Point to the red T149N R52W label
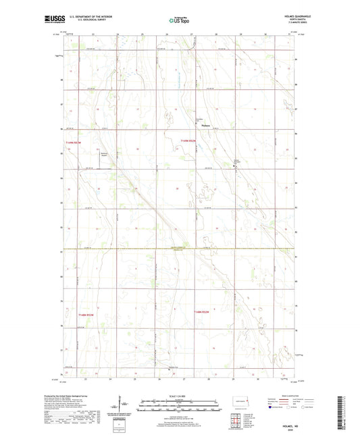188,140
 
